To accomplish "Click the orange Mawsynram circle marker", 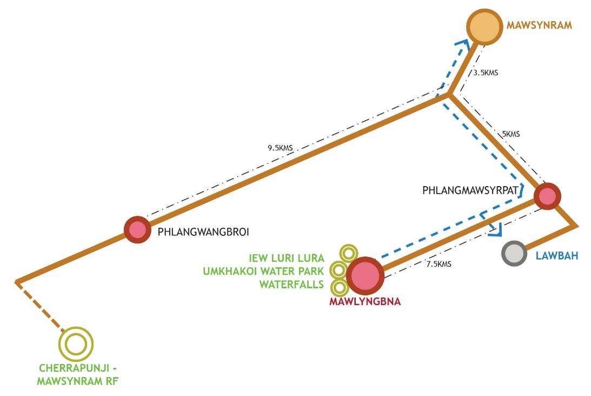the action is [x=485, y=26].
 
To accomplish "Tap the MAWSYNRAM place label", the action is [x=539, y=25].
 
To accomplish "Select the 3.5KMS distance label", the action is [x=485, y=73].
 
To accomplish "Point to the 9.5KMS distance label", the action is [x=280, y=148].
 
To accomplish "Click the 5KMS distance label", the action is [x=510, y=134].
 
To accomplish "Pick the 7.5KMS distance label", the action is [x=439, y=264].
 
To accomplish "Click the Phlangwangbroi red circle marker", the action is [x=137, y=229].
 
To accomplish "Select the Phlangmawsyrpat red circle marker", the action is [x=547, y=196].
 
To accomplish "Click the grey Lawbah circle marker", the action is [x=514, y=253].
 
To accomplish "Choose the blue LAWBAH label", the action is [x=556, y=255].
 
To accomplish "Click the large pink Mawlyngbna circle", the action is [x=365, y=275].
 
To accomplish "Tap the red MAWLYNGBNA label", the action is [x=364, y=302].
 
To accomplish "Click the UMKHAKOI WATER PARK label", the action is [x=263, y=271].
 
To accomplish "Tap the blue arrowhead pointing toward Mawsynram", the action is [x=461, y=44].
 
